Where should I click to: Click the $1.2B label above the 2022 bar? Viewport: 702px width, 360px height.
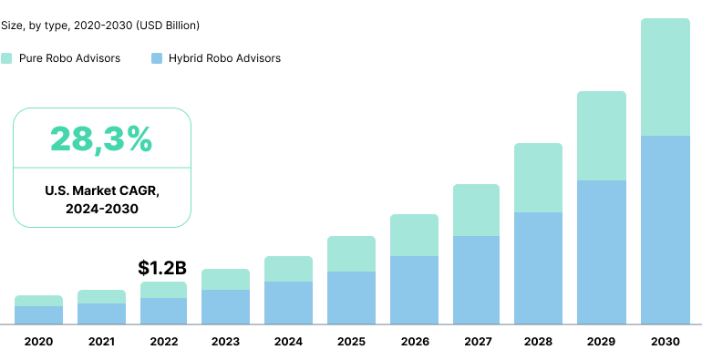pos(162,268)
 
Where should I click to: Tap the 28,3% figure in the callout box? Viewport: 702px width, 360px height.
pos(101,139)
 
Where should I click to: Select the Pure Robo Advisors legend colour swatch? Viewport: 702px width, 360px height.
pos(6,58)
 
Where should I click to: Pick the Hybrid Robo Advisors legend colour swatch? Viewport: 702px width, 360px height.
pos(157,58)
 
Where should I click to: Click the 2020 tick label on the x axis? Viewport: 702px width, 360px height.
pos(38,342)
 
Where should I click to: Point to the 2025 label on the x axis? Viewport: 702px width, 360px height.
pos(351,342)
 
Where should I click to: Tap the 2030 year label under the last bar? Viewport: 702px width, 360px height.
pos(666,342)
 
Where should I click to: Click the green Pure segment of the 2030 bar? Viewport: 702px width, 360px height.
pos(666,77)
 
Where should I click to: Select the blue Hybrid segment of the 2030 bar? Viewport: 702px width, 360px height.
pos(666,230)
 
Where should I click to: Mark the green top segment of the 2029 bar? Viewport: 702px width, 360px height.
pos(602,136)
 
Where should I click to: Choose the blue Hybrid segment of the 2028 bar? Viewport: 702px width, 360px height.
pos(538,268)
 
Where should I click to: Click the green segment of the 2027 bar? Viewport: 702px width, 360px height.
pos(476,210)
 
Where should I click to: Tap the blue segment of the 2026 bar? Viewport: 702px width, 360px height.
pos(414,290)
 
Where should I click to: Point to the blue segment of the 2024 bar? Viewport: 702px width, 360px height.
pos(288,303)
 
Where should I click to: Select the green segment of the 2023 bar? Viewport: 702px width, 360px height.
pos(225,279)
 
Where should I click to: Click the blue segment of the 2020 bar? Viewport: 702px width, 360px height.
pos(38,314)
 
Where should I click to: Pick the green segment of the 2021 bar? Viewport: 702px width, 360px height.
pos(101,296)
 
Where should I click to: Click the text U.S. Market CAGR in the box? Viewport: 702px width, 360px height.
pos(101,190)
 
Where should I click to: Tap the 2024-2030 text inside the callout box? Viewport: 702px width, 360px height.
pos(101,209)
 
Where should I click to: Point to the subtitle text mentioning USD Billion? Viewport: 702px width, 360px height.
pos(100,25)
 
